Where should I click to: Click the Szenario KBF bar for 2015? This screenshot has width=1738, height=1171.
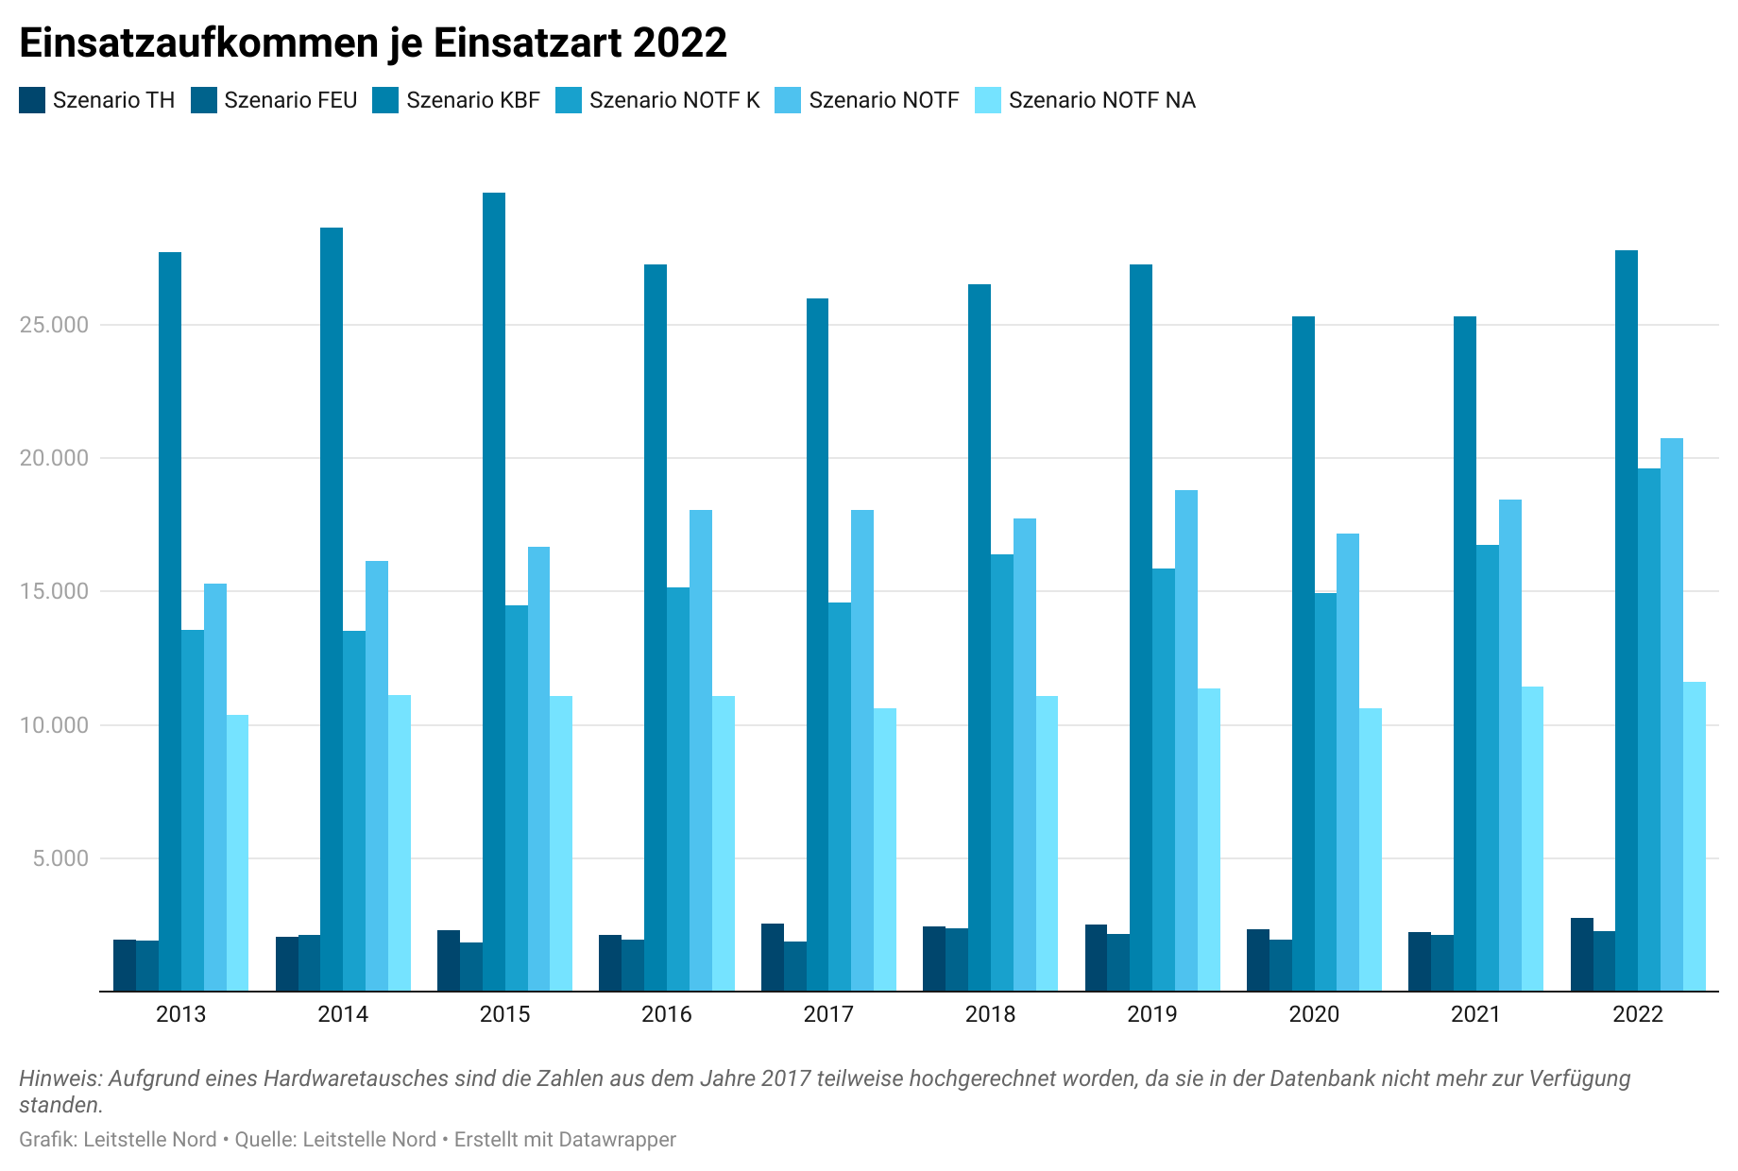pyautogui.click(x=494, y=592)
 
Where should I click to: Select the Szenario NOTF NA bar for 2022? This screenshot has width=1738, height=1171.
pyautogui.click(x=1695, y=837)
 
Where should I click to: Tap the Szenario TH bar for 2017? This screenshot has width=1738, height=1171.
pyautogui.click(x=773, y=958)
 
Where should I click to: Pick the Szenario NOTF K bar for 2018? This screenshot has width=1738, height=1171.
pyautogui.click(x=1002, y=772)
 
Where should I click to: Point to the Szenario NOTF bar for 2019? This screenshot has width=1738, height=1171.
pyautogui.click(x=1186, y=740)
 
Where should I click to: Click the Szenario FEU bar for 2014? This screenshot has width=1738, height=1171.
pyautogui.click(x=310, y=963)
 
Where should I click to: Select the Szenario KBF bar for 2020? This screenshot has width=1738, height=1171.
pyautogui.click(x=1303, y=653)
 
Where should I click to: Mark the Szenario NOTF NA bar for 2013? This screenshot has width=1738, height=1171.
pyautogui.click(x=238, y=853)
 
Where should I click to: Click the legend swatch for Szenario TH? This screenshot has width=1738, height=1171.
pyautogui.click(x=32, y=100)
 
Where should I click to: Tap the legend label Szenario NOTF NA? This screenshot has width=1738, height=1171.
pyautogui.click(x=1101, y=100)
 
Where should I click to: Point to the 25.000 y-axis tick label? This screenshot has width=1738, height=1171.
pyautogui.click(x=54, y=325)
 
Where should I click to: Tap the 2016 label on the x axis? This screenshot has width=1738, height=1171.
pyautogui.click(x=667, y=1014)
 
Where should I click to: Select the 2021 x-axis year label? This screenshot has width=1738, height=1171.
pyautogui.click(x=1475, y=1014)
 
